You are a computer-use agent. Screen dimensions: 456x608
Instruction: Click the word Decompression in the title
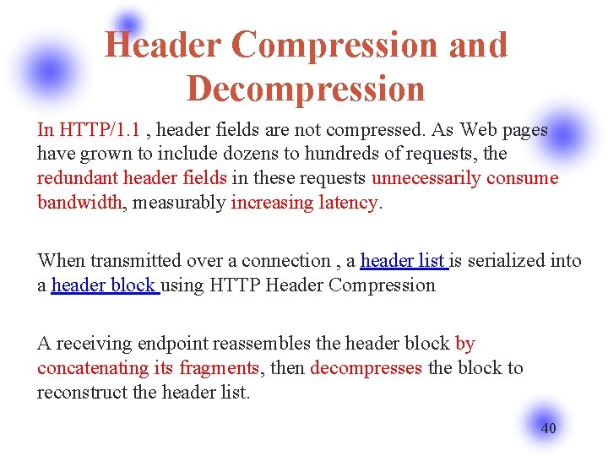click(305, 88)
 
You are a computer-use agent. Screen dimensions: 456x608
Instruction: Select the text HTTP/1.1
click(100, 130)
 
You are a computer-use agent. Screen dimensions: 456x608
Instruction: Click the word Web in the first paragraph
click(478, 130)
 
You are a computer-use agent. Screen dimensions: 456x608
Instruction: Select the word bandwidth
click(79, 203)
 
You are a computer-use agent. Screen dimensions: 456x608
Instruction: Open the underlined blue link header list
click(403, 261)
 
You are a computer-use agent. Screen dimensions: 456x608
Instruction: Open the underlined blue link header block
click(103, 285)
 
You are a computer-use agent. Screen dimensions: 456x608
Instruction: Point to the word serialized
click(506, 261)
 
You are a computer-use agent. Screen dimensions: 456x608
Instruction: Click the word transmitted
click(138, 261)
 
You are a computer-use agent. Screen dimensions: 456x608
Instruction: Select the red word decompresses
click(366, 368)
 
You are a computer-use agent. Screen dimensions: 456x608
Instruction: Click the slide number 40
click(548, 428)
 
